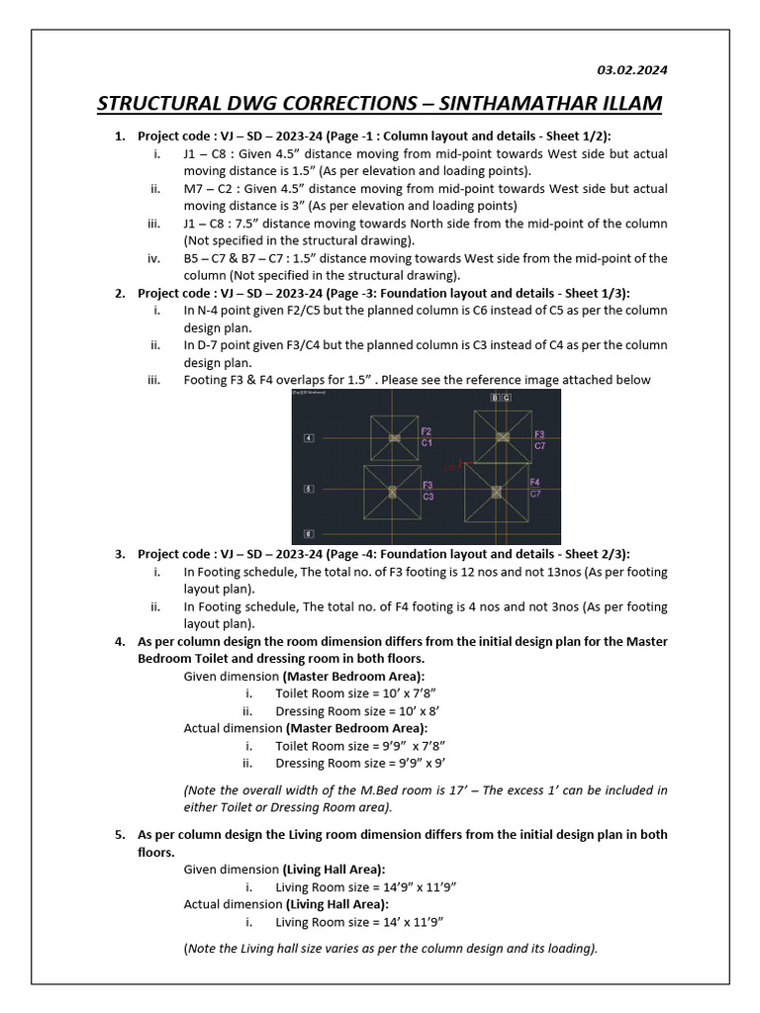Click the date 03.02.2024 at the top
[x=631, y=70]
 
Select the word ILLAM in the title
[x=627, y=104]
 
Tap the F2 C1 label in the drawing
[x=426, y=437]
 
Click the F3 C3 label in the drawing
[x=427, y=491]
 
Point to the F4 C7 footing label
[x=535, y=488]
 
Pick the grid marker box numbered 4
[x=308, y=437]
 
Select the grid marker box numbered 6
[x=308, y=532]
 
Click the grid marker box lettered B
[x=494, y=398]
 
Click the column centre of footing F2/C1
[x=394, y=437]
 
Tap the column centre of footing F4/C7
[x=496, y=491]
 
